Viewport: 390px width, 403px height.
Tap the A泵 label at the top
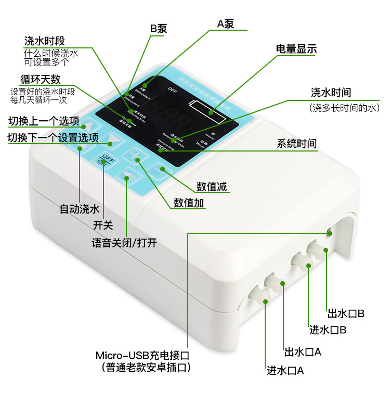[226, 24]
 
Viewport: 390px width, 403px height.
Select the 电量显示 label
[296, 49]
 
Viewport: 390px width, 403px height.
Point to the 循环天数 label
[40, 80]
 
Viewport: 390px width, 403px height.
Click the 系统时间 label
[296, 144]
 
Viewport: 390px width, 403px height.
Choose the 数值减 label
[212, 186]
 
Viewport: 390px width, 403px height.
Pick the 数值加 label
[189, 203]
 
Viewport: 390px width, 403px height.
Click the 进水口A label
[285, 371]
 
